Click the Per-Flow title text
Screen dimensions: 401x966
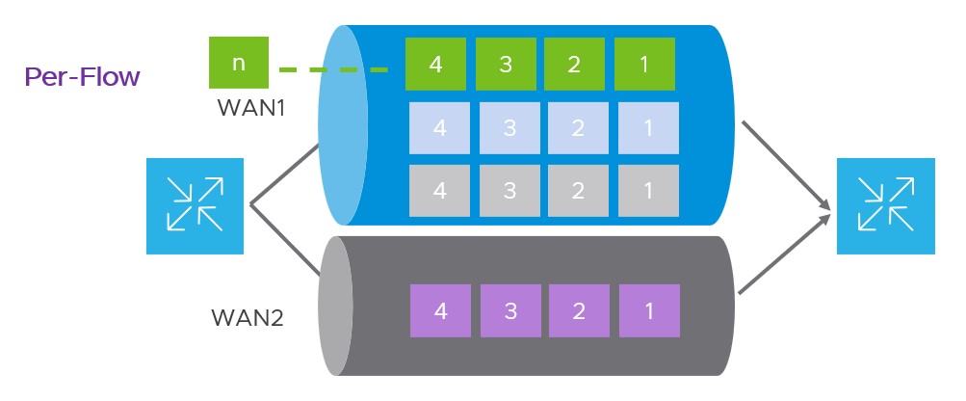pyautogui.click(x=83, y=77)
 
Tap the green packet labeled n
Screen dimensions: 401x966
pyautogui.click(x=239, y=64)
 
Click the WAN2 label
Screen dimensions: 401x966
pyautogui.click(x=247, y=317)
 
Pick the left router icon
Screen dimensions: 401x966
pyautogui.click(x=195, y=206)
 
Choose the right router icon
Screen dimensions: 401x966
pyautogui.click(x=885, y=206)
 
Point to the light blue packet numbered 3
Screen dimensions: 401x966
pyautogui.click(x=509, y=127)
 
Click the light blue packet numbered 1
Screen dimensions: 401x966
pyautogui.click(x=648, y=127)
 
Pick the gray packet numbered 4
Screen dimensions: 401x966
pyautogui.click(x=440, y=190)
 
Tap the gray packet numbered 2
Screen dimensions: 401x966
pyautogui.click(x=579, y=190)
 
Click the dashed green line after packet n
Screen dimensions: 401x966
pyautogui.click(x=332, y=69)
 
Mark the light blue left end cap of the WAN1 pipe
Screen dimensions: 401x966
pyautogui.click(x=343, y=125)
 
